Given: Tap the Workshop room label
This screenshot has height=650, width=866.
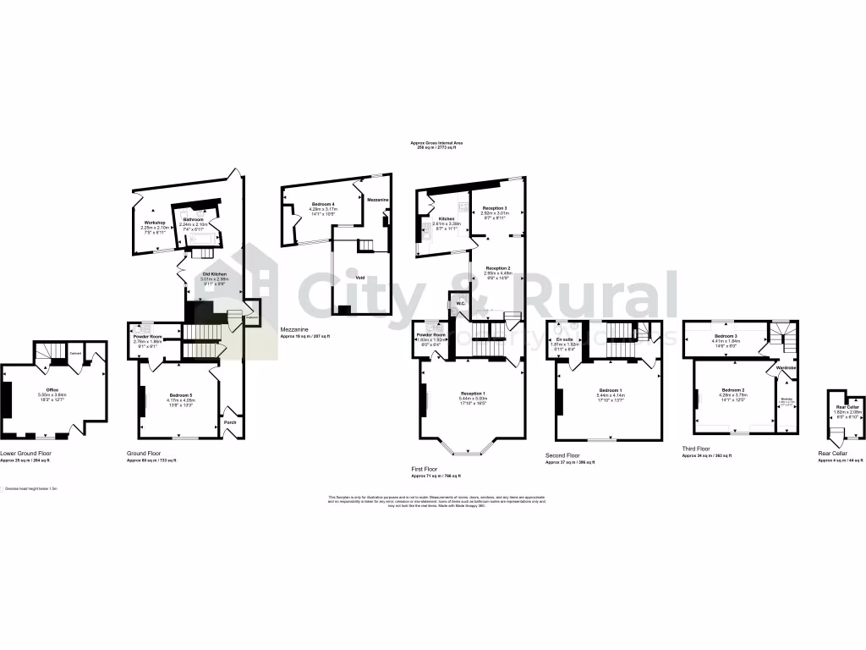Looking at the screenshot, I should coord(153,223).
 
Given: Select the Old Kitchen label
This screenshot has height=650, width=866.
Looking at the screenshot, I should coord(213,274).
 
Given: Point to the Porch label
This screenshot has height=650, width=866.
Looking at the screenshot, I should coord(230,421).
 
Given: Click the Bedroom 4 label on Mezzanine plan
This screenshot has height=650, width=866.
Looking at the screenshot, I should coord(322,205).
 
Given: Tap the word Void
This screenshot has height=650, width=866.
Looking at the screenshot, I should coord(359,275).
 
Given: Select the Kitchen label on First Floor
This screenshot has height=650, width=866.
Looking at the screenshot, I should coord(446,218).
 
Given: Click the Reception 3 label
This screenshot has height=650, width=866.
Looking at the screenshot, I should coord(495,208).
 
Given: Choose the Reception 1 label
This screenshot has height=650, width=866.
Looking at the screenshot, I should coord(473,394).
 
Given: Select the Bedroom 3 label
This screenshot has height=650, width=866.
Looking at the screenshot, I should coord(725,336).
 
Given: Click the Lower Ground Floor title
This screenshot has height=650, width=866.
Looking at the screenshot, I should coord(25,454).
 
